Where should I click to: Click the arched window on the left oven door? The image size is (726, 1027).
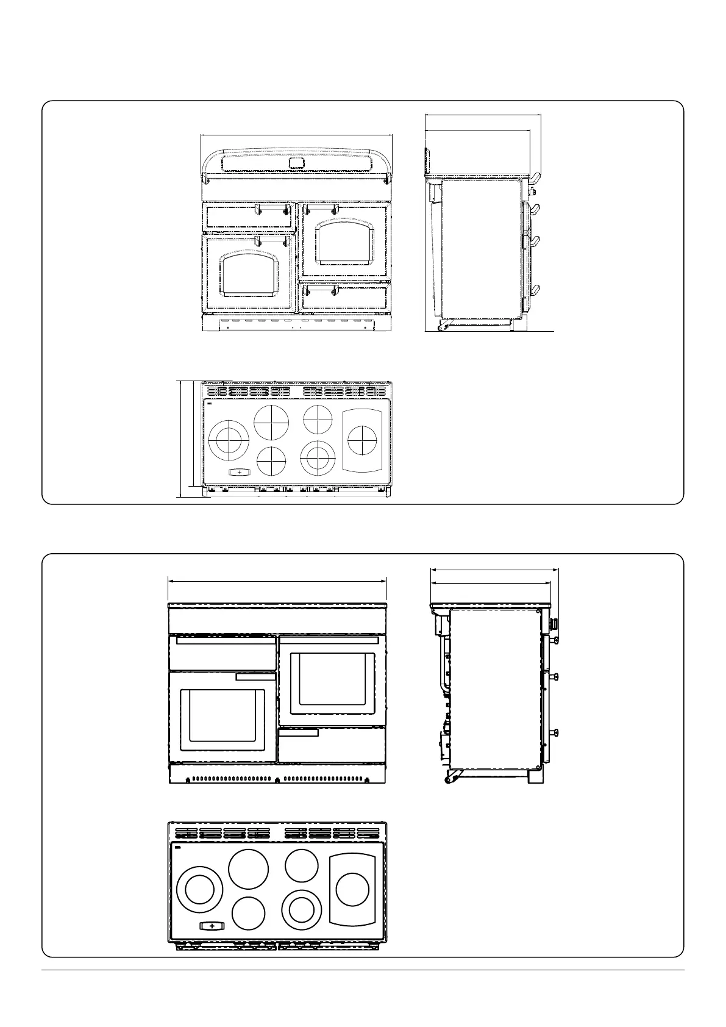coord(251,274)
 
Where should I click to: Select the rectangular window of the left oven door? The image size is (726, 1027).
coord(222,720)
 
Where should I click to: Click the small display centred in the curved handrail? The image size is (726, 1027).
coord(297,163)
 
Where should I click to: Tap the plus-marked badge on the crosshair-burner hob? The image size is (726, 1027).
coord(239,472)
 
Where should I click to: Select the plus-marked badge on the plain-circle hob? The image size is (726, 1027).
coord(212,943)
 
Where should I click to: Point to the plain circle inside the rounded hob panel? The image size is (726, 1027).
coord(352,890)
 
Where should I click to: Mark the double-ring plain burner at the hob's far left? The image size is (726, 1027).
coord(199,890)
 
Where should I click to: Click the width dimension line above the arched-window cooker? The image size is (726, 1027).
coord(297,135)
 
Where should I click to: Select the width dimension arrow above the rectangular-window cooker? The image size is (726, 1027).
coord(277,581)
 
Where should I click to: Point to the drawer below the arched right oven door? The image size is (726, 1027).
coord(345,297)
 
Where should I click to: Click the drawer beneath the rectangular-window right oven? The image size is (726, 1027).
coord(332,745)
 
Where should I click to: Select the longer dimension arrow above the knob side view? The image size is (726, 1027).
coord(494,570)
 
